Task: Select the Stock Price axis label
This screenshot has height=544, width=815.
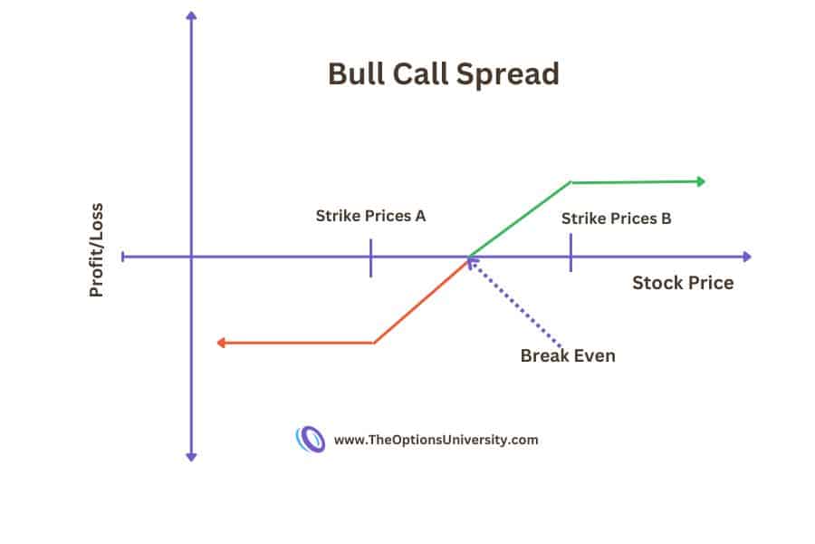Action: tap(683, 283)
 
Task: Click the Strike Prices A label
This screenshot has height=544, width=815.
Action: tap(370, 216)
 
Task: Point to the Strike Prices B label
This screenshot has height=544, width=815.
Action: tap(616, 219)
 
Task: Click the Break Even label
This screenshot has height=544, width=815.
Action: tap(568, 355)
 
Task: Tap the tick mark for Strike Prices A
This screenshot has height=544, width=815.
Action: tap(371, 257)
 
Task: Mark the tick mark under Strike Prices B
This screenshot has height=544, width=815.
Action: tap(570, 252)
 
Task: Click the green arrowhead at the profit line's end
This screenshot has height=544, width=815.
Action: tap(700, 181)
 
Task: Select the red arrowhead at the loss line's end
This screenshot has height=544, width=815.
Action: tap(220, 343)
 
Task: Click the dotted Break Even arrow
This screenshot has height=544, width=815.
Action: tap(515, 305)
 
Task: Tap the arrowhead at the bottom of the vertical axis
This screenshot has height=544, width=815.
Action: tap(191, 455)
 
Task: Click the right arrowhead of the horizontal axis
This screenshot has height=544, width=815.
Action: tap(746, 257)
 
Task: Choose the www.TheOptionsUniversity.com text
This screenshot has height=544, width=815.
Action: tap(436, 440)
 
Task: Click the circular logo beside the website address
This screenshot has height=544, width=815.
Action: tap(311, 440)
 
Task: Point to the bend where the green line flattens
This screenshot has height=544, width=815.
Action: tap(570, 182)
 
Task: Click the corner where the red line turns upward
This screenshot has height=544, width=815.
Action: tap(374, 342)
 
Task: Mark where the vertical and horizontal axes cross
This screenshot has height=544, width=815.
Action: tap(191, 257)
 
